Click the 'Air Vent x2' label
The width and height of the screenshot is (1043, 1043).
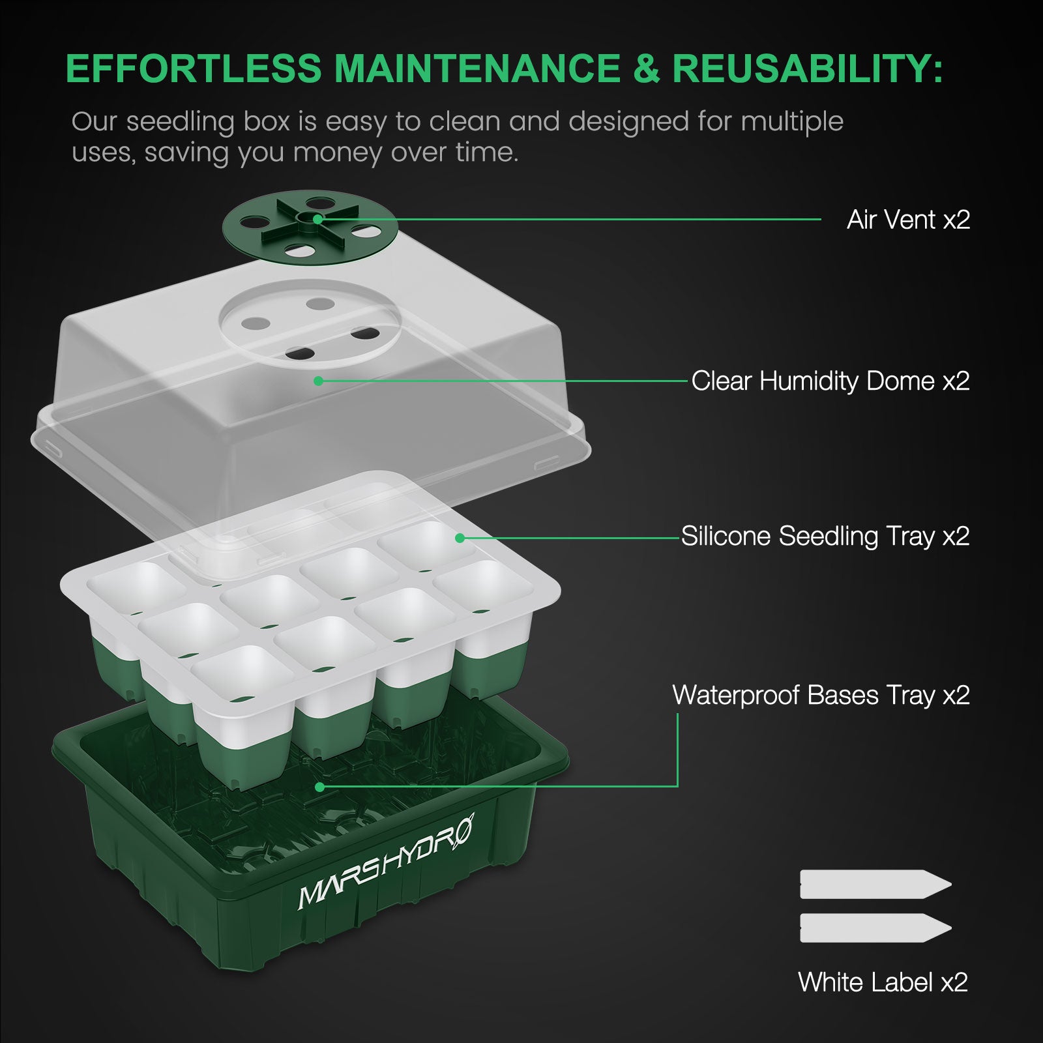click(908, 220)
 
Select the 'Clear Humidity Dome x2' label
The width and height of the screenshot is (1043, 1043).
click(830, 381)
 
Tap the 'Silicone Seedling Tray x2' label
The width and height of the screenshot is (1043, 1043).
click(825, 536)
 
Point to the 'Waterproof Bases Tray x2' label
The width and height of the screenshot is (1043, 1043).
click(821, 695)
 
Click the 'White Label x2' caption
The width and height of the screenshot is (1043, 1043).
click(883, 982)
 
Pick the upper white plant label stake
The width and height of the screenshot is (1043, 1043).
click(875, 885)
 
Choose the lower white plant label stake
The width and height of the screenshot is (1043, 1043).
click(875, 928)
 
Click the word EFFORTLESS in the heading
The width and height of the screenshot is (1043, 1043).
click(194, 68)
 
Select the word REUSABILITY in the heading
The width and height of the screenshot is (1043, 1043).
click(807, 68)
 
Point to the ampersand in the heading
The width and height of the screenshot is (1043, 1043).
click(646, 68)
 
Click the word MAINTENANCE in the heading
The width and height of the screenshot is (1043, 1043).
click(477, 68)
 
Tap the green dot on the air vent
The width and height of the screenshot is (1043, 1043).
click(317, 220)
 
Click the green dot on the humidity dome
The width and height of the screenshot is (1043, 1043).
click(318, 381)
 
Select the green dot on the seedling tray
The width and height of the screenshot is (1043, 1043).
click(460, 538)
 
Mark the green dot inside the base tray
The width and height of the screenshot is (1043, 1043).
click(319, 787)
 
